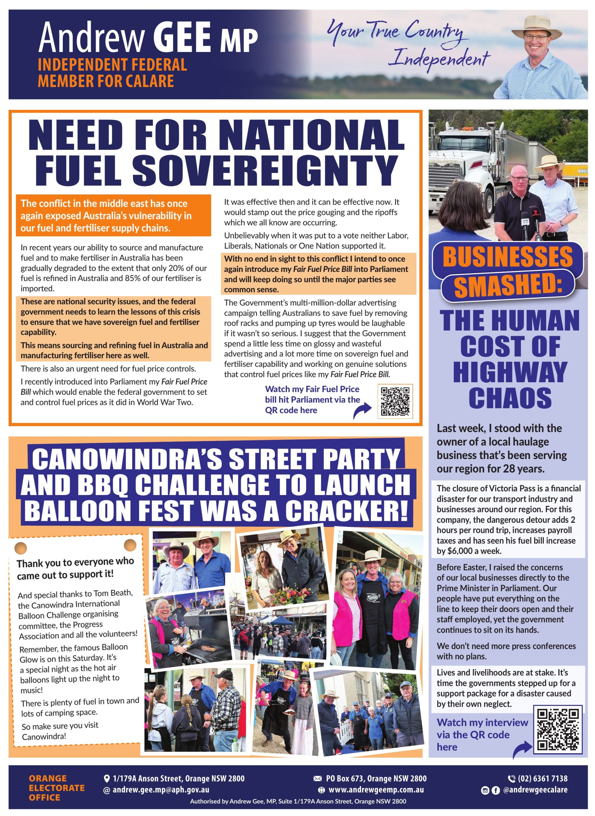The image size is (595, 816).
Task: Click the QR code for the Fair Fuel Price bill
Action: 395,401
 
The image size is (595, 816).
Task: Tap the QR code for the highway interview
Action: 558,729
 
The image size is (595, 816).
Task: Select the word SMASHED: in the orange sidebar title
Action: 508,285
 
